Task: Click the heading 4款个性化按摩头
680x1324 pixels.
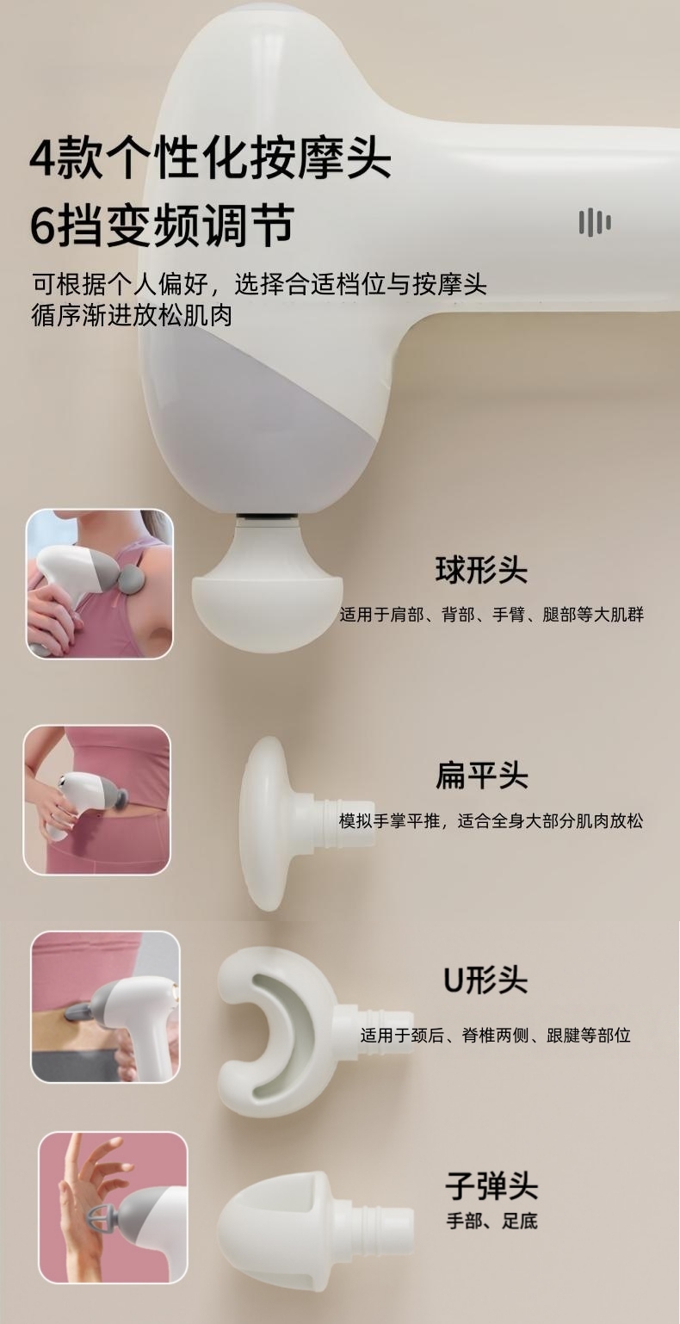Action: click(x=210, y=158)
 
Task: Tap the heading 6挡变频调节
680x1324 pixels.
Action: click(x=162, y=226)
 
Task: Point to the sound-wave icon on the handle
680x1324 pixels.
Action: click(x=595, y=222)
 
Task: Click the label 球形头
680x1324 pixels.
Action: click(x=481, y=571)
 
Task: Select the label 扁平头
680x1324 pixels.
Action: click(x=481, y=776)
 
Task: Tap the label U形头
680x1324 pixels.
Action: click(x=485, y=980)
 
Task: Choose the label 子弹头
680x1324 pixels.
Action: click(x=491, y=1185)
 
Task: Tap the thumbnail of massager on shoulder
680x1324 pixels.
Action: click(x=100, y=584)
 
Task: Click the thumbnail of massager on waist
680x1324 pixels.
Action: click(x=97, y=799)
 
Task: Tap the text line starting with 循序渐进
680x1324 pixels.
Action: click(x=131, y=315)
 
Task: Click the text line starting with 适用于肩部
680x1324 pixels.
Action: click(x=491, y=615)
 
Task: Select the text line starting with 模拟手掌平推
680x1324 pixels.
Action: click(x=491, y=821)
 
